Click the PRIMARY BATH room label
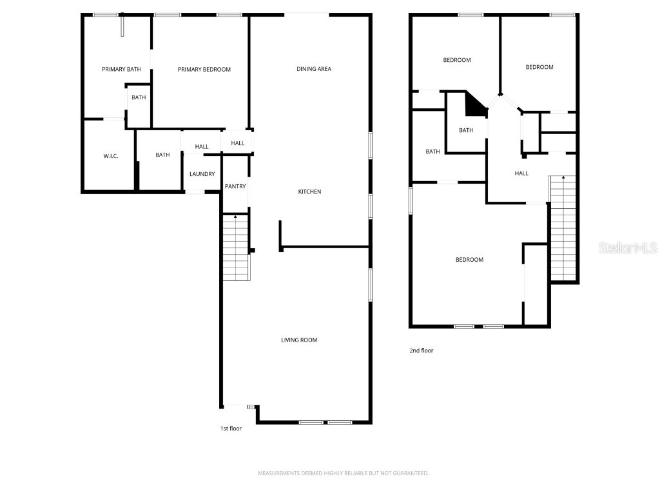pos(121,69)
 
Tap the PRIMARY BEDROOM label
pos(204,69)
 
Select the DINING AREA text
pos(314,69)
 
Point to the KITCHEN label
pos(309,191)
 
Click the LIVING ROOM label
pos(299,340)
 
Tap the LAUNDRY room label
pos(202,174)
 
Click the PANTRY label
pos(235,187)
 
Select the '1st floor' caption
pos(231,428)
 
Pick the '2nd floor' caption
pos(422,351)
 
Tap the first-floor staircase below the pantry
pos(236,248)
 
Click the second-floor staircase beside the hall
pos(563,229)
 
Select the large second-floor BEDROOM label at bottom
pos(469,260)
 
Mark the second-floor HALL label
pos(521,173)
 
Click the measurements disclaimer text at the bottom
pos(343,473)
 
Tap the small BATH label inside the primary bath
pos(139,98)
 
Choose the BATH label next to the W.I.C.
pos(162,155)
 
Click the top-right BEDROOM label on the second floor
pos(539,67)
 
